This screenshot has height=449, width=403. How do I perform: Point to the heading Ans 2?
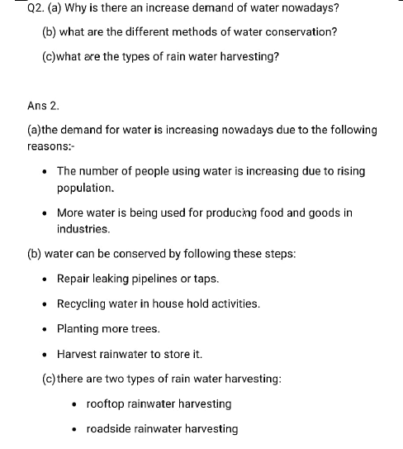[43, 106]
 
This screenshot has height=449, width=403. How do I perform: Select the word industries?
[83, 228]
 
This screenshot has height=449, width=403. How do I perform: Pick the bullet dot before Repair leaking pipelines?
[46, 279]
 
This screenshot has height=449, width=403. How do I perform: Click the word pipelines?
[164, 279]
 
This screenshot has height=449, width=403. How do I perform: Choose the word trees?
[145, 328]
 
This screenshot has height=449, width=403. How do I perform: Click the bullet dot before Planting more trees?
[46, 328]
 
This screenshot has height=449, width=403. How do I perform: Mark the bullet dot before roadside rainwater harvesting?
[76, 429]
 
